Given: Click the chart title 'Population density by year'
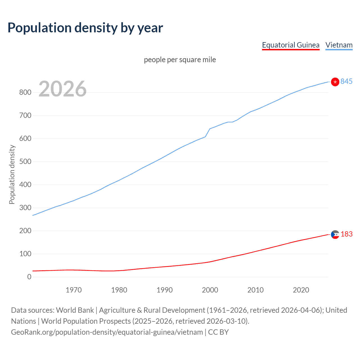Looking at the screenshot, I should click(85, 28).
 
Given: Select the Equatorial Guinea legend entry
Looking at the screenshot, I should click(291, 45).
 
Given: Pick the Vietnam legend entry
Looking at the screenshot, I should click(339, 45).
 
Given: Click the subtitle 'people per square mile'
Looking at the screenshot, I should click(180, 60).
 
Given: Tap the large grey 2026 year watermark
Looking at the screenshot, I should click(62, 89).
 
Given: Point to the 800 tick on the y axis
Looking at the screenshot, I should click(25, 92).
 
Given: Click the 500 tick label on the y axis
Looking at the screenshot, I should click(25, 161).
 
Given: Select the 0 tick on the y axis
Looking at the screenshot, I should click(29, 277).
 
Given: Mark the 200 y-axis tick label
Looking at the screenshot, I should click(25, 231).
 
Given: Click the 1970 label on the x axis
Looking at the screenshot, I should click(74, 290).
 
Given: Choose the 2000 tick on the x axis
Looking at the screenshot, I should click(210, 290).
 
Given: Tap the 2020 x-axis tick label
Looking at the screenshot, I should click(301, 290).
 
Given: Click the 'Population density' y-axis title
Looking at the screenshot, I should click(12, 174).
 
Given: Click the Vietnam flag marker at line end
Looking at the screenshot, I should click(335, 82).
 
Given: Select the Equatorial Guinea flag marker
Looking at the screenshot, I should click(335, 234).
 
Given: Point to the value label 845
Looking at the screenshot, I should click(346, 81).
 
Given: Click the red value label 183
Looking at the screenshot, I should click(346, 234).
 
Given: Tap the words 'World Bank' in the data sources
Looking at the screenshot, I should click(75, 310).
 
